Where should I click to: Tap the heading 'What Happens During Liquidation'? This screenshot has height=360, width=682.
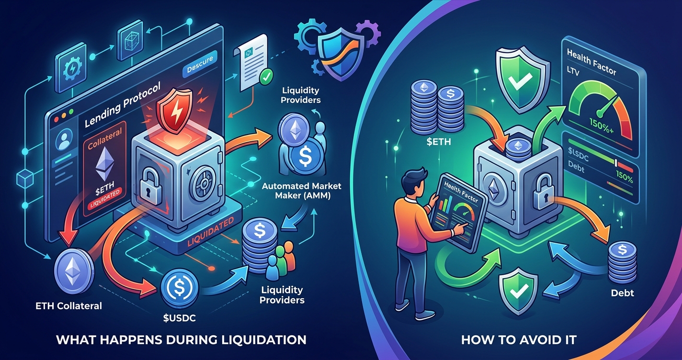(181, 340)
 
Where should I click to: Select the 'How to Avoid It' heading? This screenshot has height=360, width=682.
(519, 340)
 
